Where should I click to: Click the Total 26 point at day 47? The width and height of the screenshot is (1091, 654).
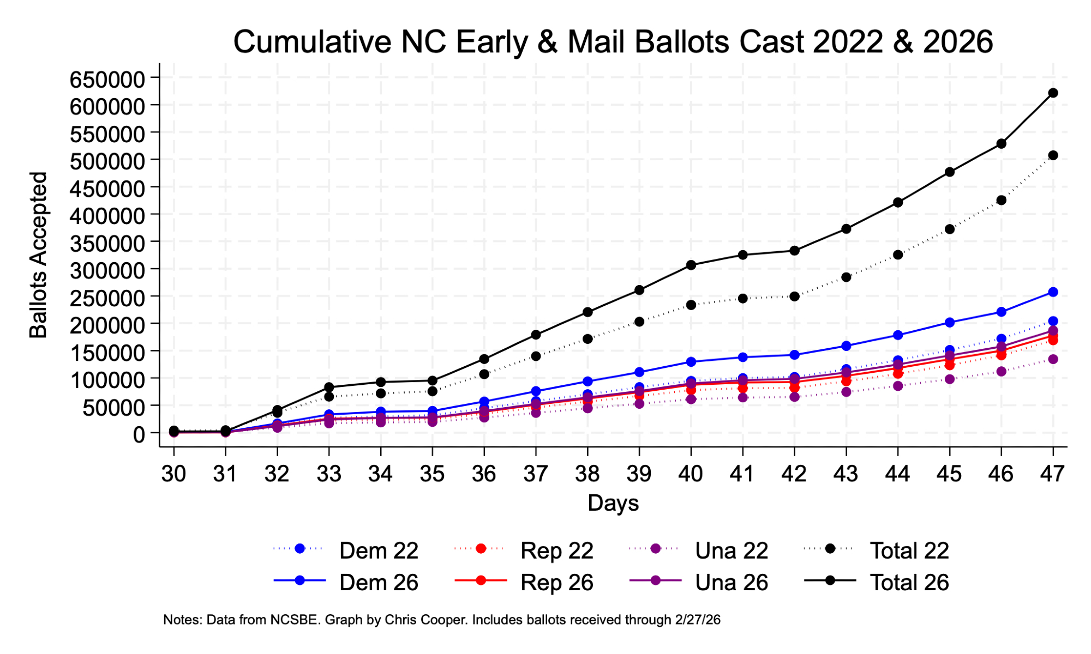(1053, 93)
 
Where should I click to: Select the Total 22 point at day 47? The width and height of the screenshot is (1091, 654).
(1053, 155)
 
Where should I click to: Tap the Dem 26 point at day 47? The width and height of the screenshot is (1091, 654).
(1053, 292)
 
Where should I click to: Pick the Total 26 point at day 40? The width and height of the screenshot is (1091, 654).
(691, 265)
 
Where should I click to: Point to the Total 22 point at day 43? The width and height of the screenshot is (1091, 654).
(846, 277)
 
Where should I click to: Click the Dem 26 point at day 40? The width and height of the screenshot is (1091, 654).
(691, 361)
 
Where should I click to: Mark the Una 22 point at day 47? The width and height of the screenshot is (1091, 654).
(1053, 359)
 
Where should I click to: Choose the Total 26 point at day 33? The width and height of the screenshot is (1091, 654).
(329, 387)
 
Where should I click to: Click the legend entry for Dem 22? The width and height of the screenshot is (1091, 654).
(378, 550)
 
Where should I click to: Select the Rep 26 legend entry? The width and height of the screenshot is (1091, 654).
(556, 582)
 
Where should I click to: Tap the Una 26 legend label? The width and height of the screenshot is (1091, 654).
(731, 582)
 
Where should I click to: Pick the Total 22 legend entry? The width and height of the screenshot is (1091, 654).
(909, 550)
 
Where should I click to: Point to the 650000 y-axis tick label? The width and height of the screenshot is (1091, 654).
(107, 80)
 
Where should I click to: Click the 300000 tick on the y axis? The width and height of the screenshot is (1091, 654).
(107, 270)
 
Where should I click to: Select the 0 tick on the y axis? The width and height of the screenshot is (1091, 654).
(139, 434)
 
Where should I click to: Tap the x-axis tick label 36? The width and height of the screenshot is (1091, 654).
(484, 474)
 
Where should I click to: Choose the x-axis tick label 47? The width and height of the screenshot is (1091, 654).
(1053, 474)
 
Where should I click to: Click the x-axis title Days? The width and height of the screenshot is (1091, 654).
(613, 502)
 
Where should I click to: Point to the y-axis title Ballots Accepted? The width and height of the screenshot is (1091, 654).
(39, 255)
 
